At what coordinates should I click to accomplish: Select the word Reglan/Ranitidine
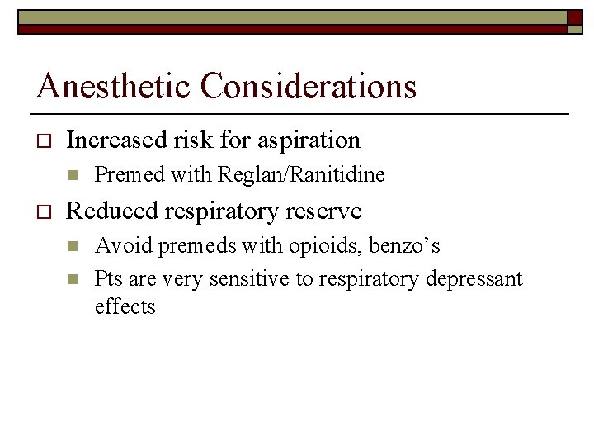point(301,175)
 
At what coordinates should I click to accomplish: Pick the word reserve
point(323,211)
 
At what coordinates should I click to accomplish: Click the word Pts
point(108,279)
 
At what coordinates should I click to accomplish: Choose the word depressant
point(474,279)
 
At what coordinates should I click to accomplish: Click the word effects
point(125,307)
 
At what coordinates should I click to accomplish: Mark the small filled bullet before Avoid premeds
point(73,246)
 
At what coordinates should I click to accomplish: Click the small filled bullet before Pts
point(73,279)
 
